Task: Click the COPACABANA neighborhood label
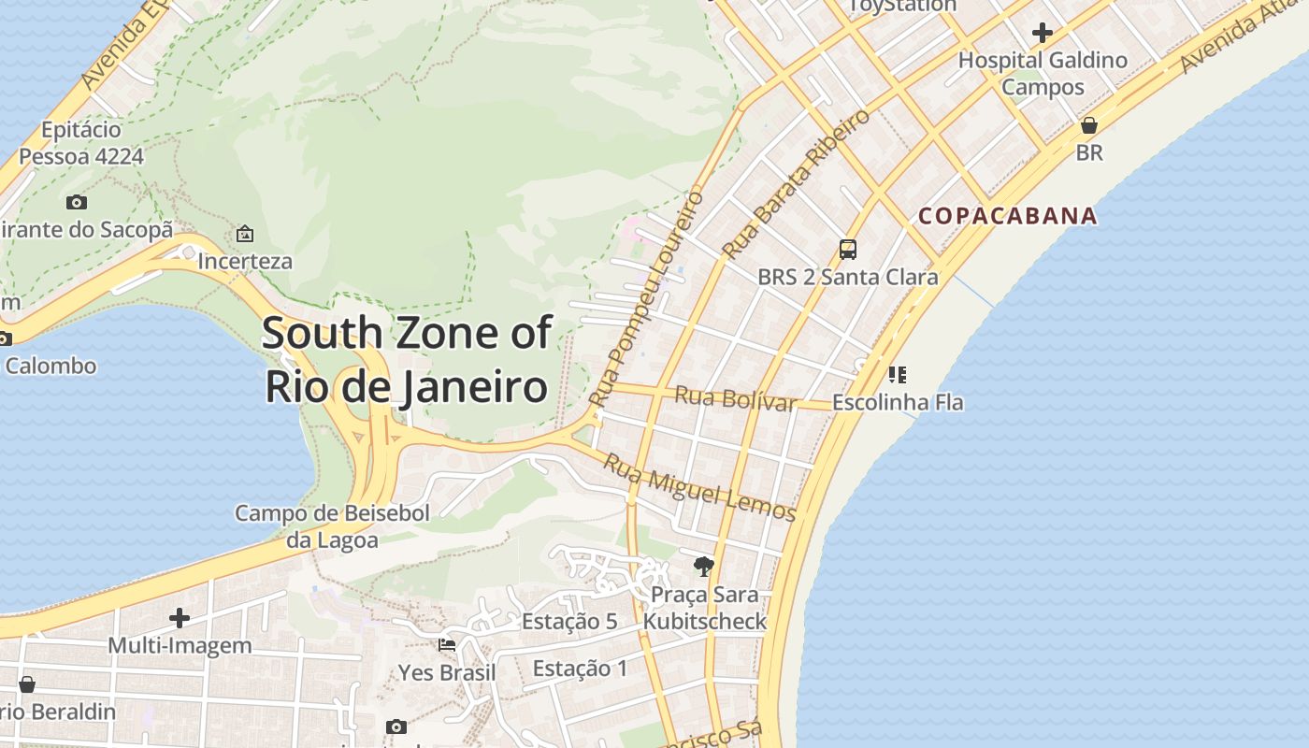(x=1007, y=216)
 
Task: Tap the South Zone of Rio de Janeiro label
(x=406, y=360)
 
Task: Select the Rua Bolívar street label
(x=735, y=398)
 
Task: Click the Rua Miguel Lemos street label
(x=698, y=487)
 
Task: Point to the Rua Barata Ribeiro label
(x=796, y=184)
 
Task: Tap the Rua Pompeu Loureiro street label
(x=646, y=299)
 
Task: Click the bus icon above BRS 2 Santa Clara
(x=848, y=250)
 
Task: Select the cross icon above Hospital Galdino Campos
(x=1043, y=33)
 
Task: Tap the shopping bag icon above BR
(x=1089, y=125)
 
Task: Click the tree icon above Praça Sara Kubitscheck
(x=704, y=566)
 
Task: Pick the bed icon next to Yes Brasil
(x=447, y=645)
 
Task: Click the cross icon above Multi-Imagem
(x=180, y=618)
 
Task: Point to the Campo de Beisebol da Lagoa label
(x=332, y=526)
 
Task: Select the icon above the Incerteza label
(x=245, y=234)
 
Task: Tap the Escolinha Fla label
(x=898, y=403)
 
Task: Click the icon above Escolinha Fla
(x=898, y=375)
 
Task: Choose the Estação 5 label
(x=569, y=622)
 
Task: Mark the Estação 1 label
(x=580, y=669)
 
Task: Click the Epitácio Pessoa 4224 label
(x=81, y=143)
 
